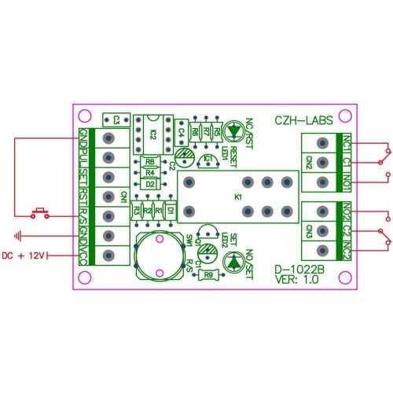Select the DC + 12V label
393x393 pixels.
(25, 255)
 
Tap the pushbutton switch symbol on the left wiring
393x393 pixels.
(39, 212)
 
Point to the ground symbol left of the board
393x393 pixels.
(20, 234)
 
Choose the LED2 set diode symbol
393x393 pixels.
(233, 264)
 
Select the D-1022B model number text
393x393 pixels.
(299, 272)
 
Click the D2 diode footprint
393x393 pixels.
(150, 184)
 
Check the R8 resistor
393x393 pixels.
(150, 162)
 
